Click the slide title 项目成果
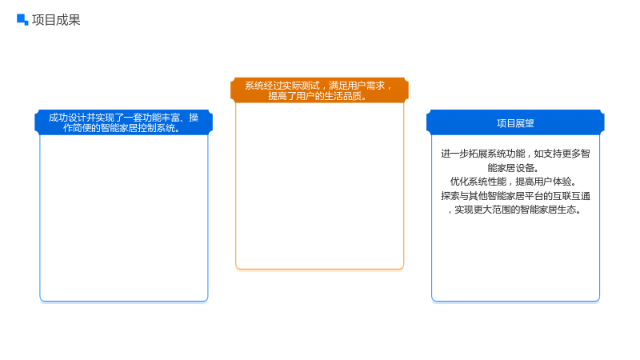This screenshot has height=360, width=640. coord(56,19)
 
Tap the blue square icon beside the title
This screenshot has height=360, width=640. coord(22,19)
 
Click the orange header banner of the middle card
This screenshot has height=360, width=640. coord(319,90)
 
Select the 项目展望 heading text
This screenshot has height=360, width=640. coord(515,123)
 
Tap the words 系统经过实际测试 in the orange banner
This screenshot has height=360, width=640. coord(282,86)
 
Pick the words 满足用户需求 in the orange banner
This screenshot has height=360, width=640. coord(357,86)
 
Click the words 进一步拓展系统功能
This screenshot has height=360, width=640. coord(483,154)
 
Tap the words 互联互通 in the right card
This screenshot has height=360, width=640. coord(571,196)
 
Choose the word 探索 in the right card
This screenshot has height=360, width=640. coord(450,196)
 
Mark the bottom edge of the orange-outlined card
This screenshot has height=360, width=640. coord(319,269)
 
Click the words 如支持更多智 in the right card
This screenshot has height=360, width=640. coord(562,154)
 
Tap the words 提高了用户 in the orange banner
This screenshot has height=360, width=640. coord(291,96)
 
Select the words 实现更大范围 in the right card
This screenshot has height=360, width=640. coord(482,210)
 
